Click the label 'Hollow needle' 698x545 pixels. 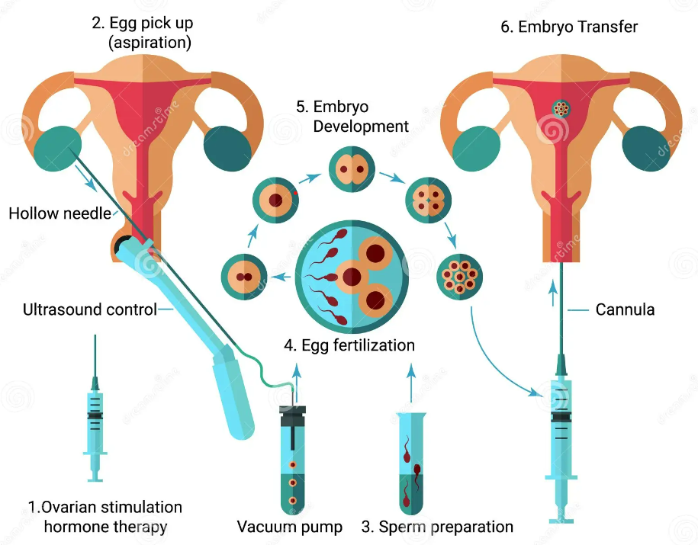(60, 213)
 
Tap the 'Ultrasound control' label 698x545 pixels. (89, 309)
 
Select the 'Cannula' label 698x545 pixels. (625, 309)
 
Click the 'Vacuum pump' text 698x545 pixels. (290, 527)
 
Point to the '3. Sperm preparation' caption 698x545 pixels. (437, 527)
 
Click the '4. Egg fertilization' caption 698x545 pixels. (349, 345)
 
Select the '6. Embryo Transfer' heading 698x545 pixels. (569, 27)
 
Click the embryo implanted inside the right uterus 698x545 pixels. (561, 108)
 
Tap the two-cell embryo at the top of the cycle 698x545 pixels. (352, 169)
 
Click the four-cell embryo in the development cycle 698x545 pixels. (428, 200)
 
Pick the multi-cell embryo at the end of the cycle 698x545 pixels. (460, 277)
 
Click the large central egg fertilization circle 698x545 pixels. (352, 277)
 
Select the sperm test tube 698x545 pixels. (411, 463)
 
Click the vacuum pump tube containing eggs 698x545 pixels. (292, 460)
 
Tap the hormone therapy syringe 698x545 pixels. (95, 409)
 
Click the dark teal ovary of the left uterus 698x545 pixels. (227, 149)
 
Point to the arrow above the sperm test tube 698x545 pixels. (411, 383)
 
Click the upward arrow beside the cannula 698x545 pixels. (553, 293)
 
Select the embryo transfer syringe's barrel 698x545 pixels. (561, 427)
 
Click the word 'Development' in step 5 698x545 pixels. (361, 127)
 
